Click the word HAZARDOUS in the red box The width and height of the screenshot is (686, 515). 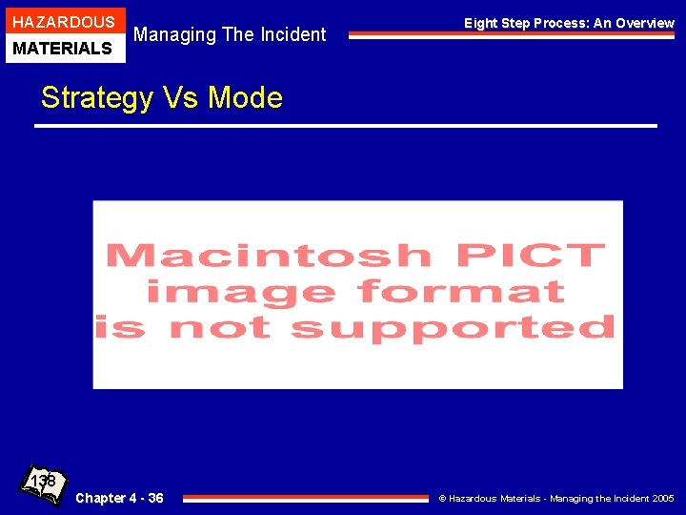coord(63,22)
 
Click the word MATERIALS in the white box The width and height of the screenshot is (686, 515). coord(63,48)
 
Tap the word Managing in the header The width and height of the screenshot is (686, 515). coord(174,35)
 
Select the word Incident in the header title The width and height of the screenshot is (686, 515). coord(290,35)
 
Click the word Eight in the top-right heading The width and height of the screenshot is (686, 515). coord(481,23)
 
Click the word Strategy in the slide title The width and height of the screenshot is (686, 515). coord(95,97)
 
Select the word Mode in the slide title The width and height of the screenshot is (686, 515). coord(245,97)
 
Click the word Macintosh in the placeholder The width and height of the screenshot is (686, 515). coord(268,256)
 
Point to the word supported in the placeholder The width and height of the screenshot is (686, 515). coord(452,328)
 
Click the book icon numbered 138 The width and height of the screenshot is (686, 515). coord(44,484)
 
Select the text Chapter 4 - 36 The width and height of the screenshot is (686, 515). coord(119,498)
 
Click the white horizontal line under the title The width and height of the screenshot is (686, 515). coord(346,125)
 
